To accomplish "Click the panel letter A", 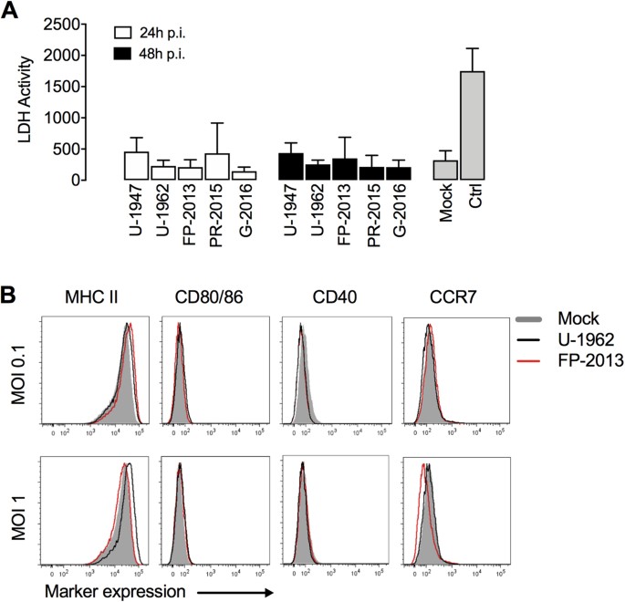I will click(x=11, y=11).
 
